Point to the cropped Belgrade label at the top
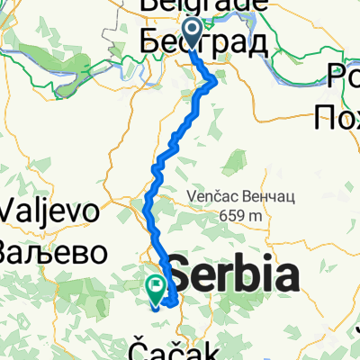203,5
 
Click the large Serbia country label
232,274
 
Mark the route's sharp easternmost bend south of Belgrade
216,82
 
